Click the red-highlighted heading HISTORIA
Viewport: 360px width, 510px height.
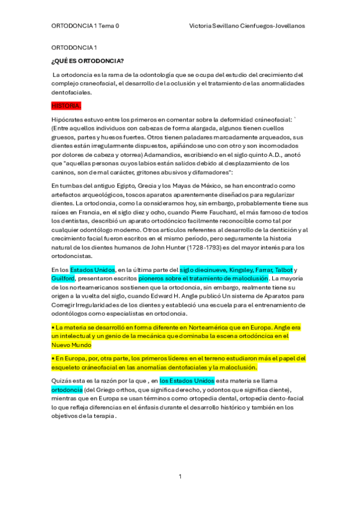(65, 106)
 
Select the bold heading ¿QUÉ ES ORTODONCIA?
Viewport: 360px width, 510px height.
(88, 61)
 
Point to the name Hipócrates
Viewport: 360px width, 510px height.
(69, 120)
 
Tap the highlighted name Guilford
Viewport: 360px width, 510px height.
(63, 278)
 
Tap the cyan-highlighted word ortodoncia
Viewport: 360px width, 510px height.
(69, 389)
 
